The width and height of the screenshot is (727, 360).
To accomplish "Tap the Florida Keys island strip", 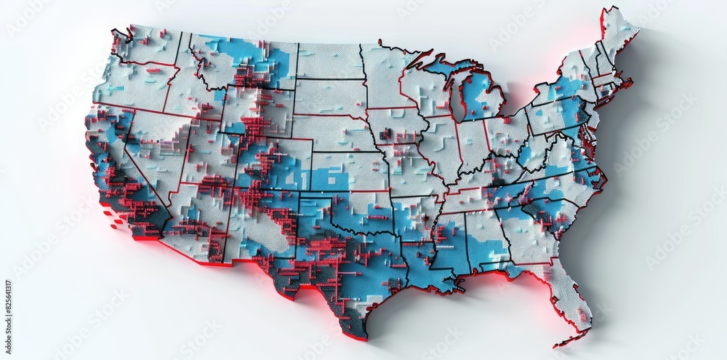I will pyautogui.click(x=571, y=339).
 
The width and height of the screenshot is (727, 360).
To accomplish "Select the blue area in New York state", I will pyautogui.click(x=563, y=91).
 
